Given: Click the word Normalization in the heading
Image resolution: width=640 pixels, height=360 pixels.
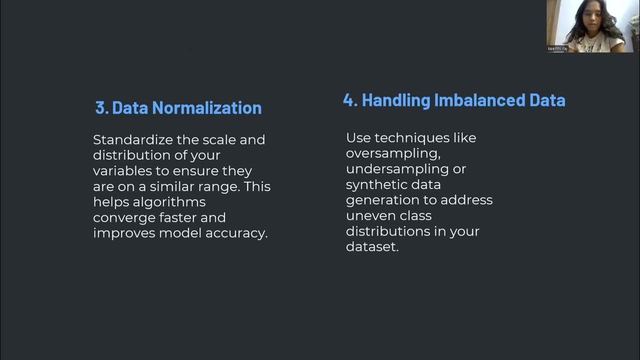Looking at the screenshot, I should [206, 107].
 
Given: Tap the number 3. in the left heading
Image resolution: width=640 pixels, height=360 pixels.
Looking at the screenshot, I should [102, 107].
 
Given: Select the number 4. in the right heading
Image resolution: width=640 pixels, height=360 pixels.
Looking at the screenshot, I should [350, 100].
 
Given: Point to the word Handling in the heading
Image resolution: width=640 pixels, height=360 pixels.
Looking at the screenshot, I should [395, 100].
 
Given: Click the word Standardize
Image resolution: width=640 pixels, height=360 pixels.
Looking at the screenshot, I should [133, 139].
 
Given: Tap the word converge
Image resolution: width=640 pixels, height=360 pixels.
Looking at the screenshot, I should [124, 218].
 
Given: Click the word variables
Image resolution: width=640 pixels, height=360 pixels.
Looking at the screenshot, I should [122, 171].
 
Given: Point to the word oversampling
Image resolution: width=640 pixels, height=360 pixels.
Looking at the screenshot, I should [393, 153].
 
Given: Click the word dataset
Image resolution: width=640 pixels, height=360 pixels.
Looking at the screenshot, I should [372, 246].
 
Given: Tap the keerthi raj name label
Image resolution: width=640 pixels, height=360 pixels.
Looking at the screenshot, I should [557, 48].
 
